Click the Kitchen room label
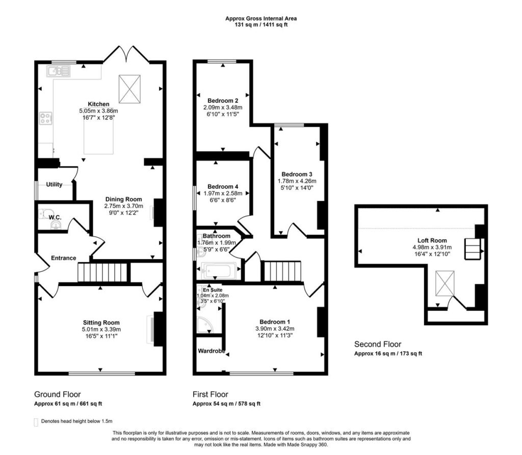pyautogui.click(x=98, y=104)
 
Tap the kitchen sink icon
pyautogui.click(x=59, y=71)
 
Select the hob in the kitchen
pyautogui.click(x=46, y=118)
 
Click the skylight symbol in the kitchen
pyautogui.click(x=129, y=89)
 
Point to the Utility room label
pyautogui.click(x=54, y=184)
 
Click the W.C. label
pyautogui.click(x=55, y=217)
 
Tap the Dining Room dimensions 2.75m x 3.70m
pyautogui.click(x=123, y=206)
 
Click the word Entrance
pyautogui.click(x=63, y=258)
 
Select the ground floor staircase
pyautogui.click(x=102, y=272)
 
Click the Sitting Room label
pyautogui.click(x=101, y=322)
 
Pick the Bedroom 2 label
pyautogui.click(x=223, y=101)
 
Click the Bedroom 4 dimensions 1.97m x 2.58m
pyautogui.click(x=223, y=193)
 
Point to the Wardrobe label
pyautogui.click(x=212, y=351)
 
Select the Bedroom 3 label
pyautogui.click(x=297, y=174)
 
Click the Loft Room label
pyautogui.click(x=432, y=240)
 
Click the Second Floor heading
pyautogui.click(x=378, y=345)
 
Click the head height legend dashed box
pyautogui.click(x=36, y=422)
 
